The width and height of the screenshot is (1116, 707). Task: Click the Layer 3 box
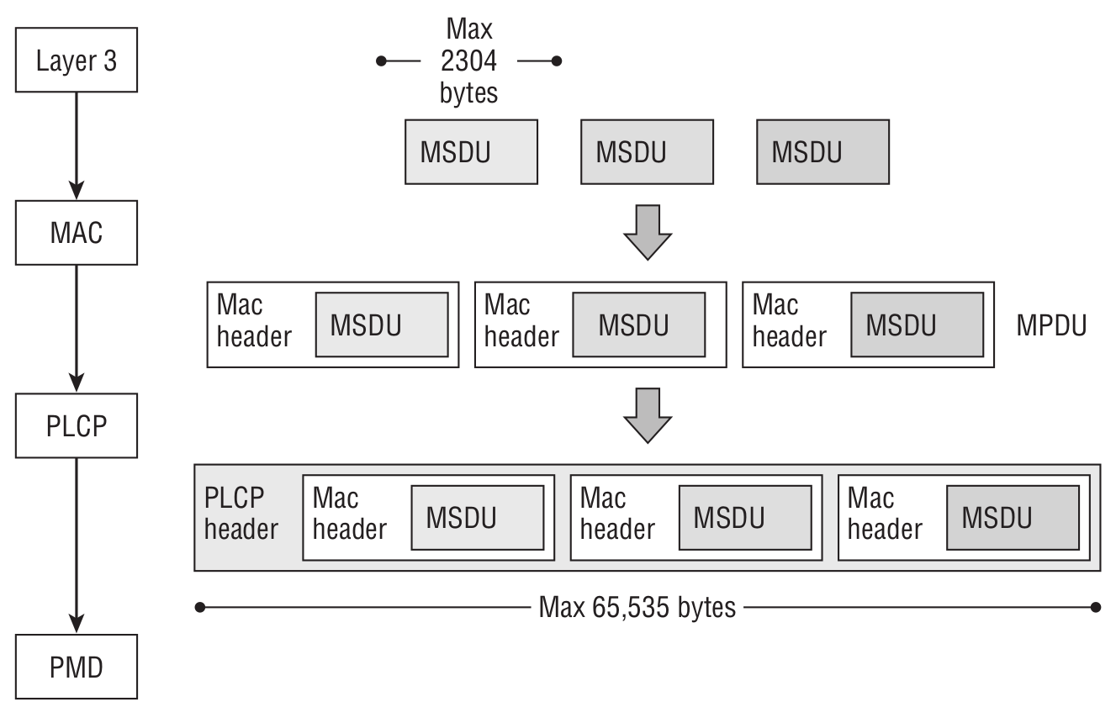77,61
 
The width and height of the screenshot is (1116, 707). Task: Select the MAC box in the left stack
77,232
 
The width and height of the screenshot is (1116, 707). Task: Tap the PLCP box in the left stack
77,425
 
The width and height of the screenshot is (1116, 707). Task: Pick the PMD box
77,667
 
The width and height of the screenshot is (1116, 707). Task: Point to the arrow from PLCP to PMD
77,546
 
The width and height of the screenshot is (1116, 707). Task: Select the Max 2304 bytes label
468,61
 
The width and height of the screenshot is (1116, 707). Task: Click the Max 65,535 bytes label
637,607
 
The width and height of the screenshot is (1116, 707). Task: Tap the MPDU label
1051,325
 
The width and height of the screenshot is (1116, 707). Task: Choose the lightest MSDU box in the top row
471,152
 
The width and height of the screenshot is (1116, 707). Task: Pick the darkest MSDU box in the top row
822,152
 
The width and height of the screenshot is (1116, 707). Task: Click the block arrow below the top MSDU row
647,231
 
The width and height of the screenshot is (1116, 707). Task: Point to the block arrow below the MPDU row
647,414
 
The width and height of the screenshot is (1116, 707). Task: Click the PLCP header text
241,514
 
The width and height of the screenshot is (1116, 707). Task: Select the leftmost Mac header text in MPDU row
253,321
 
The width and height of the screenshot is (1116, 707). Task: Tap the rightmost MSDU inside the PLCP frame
1013,517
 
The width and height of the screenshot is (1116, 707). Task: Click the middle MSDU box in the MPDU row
639,324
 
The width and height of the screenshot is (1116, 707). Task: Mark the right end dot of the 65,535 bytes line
1095,607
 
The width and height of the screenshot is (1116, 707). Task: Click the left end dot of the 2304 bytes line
382,61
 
